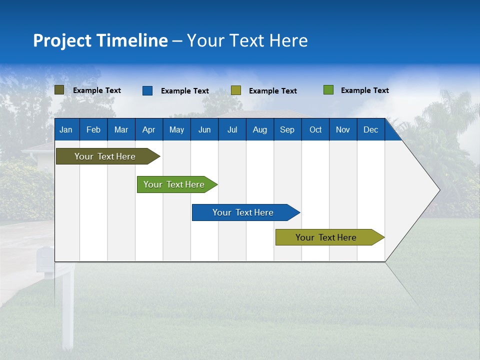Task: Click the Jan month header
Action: tap(66, 129)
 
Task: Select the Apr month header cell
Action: tap(149, 129)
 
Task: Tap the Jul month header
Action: tap(232, 129)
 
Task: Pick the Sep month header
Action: tap(287, 129)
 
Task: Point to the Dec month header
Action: tap(370, 129)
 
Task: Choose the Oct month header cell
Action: tap(315, 129)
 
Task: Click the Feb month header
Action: tap(93, 129)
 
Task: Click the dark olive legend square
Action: tap(59, 90)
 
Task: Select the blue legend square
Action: tap(147, 90)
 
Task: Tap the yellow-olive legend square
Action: tap(236, 90)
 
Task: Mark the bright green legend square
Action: tap(328, 90)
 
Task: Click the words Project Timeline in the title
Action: tap(100, 40)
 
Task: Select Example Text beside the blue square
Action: tap(185, 91)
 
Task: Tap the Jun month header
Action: tap(204, 129)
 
